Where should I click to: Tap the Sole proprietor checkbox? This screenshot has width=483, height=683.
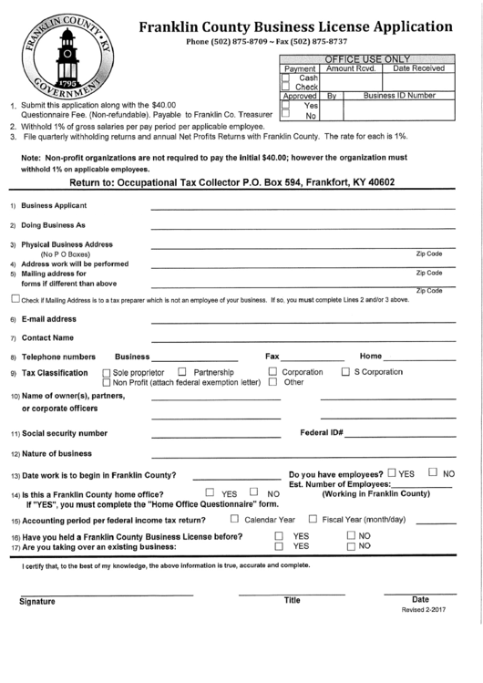(x=108, y=373)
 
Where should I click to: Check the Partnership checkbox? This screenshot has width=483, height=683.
(x=181, y=372)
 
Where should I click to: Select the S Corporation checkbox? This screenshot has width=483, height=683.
(x=345, y=372)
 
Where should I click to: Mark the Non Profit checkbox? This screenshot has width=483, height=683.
(x=108, y=383)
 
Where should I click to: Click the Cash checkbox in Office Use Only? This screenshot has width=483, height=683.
(x=285, y=78)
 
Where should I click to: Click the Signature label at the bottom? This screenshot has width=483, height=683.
(x=37, y=602)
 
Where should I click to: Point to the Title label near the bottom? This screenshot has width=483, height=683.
(x=292, y=601)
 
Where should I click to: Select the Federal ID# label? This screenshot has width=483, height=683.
(x=321, y=432)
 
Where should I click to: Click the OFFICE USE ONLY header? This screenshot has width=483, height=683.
(x=368, y=58)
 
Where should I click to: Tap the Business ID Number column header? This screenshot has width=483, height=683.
(x=398, y=95)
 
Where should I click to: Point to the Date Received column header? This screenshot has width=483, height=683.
(x=418, y=68)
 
